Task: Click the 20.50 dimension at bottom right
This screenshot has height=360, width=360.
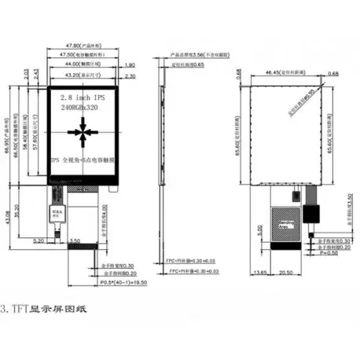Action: tap(285, 271)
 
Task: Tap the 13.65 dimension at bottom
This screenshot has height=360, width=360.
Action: tap(259, 271)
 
